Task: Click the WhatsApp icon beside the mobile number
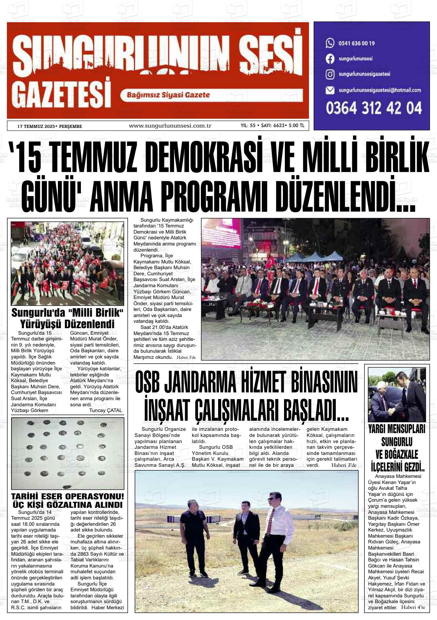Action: tap(330, 43)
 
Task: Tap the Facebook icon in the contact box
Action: tap(330, 59)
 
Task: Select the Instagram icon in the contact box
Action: tap(330, 74)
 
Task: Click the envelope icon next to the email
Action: tap(330, 90)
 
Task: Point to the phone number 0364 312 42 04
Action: tap(374, 108)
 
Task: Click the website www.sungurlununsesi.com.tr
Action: tap(170, 126)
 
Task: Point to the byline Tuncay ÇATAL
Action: tap(105, 410)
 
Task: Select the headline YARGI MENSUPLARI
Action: tap(397, 429)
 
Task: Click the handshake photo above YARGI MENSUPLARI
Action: tap(397, 394)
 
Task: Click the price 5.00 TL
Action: tap(297, 126)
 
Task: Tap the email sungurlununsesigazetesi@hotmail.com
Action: tap(379, 90)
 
